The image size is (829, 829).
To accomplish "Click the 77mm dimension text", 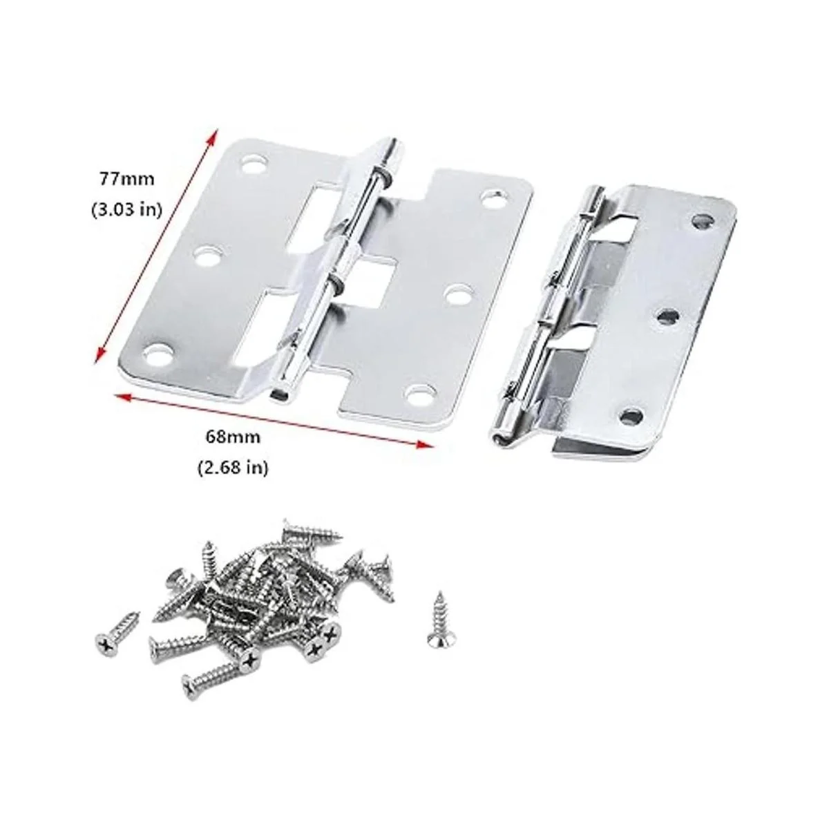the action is tap(127, 178).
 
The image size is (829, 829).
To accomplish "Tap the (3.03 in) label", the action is tap(126, 210).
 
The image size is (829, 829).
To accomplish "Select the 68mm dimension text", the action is tap(234, 437).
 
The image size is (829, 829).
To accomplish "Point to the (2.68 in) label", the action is tap(234, 467).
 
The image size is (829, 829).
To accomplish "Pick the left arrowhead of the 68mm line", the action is tap(123, 397).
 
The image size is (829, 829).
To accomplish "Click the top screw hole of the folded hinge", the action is tap(702, 222).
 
